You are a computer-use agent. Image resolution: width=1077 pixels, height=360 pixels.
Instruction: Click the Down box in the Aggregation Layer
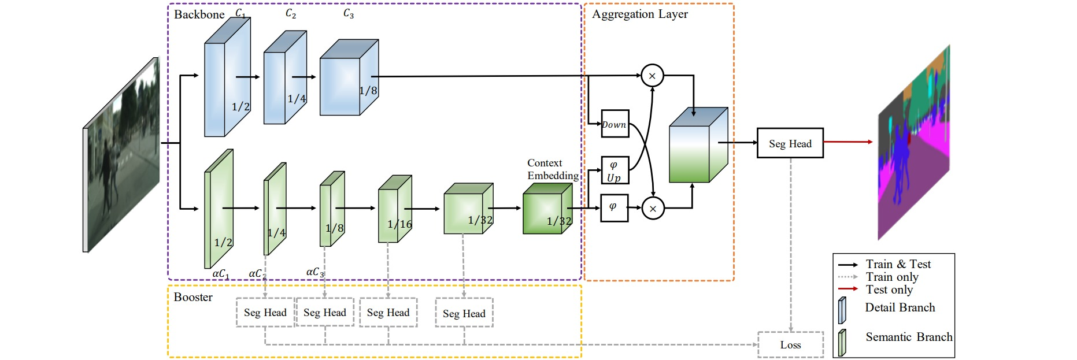coord(615,124)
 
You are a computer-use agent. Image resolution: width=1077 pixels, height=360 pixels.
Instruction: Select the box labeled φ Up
coord(615,171)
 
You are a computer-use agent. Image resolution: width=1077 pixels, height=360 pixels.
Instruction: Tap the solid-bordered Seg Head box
coord(790,143)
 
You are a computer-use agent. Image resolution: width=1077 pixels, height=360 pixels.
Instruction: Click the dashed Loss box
coord(790,345)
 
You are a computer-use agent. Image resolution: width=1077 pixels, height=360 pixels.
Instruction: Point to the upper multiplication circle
coord(652,76)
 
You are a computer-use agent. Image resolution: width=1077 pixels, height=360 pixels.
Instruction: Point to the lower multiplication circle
coord(653,209)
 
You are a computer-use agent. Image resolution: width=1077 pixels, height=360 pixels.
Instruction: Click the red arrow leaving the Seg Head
coord(847,142)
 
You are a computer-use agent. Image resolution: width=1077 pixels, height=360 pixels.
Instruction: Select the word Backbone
coord(199,14)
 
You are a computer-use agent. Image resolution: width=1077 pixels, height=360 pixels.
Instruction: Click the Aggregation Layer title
coord(640,14)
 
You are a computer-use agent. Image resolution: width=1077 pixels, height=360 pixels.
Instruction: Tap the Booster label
coord(193,297)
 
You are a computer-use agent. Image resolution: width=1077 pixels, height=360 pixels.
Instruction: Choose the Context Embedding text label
coord(552,169)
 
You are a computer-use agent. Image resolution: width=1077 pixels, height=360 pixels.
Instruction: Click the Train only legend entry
coord(891,277)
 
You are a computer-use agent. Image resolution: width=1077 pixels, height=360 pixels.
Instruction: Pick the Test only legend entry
coord(889,290)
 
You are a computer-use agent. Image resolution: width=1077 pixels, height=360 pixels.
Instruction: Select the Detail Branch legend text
coord(900,307)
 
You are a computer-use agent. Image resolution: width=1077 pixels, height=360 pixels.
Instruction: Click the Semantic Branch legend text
coord(909,337)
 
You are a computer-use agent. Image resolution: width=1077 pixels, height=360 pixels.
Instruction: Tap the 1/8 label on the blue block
coord(368,91)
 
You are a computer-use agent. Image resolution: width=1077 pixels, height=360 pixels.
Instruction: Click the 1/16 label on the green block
coord(399,224)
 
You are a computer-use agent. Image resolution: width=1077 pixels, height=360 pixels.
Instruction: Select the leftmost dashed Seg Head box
coord(265,313)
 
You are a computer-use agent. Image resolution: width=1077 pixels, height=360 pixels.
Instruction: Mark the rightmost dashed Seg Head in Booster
coord(464,313)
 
